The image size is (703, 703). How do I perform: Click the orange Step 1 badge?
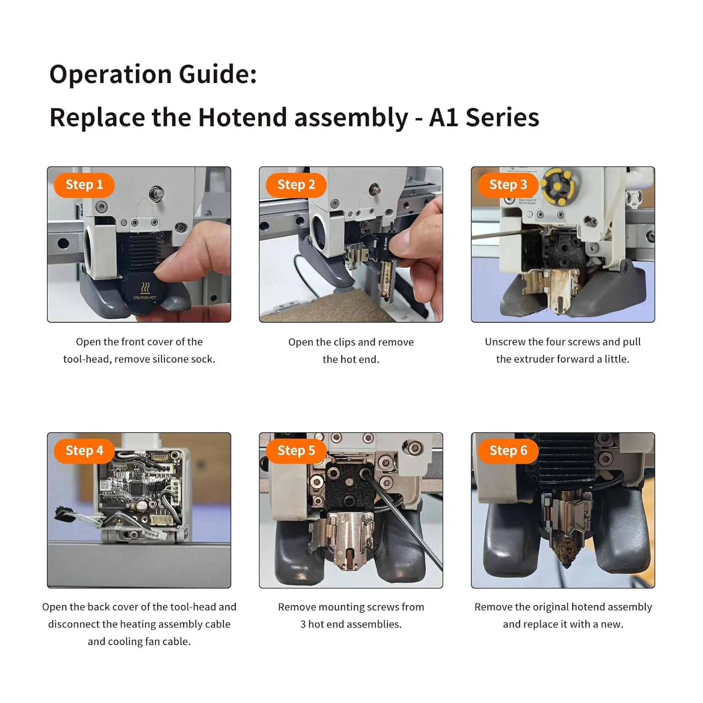pyautogui.click(x=84, y=185)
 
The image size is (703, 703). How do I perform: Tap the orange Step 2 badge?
pyautogui.click(x=296, y=185)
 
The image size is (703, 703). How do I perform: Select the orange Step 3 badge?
pyautogui.click(x=508, y=185)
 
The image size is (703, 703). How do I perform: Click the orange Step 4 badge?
pyautogui.click(x=84, y=451)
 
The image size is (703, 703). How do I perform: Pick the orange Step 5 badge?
pyautogui.click(x=296, y=451)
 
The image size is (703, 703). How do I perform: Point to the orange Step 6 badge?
pyautogui.click(x=508, y=451)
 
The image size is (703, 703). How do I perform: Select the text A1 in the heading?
pyautogui.click(x=443, y=118)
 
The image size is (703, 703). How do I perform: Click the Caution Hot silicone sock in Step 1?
pyautogui.click(x=145, y=292)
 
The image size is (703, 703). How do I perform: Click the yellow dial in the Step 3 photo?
pyautogui.click(x=557, y=187)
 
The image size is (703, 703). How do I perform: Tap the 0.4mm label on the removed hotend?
pyautogui.click(x=385, y=244)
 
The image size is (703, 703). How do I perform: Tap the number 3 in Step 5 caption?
pyautogui.click(x=303, y=624)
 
